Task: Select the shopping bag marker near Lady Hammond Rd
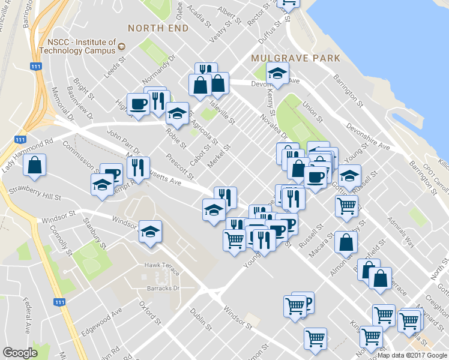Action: [35, 166]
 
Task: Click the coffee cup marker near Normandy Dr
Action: [139, 103]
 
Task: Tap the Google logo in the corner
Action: [20, 353]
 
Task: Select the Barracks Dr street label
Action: [164, 288]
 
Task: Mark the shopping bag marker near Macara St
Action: [346, 242]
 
